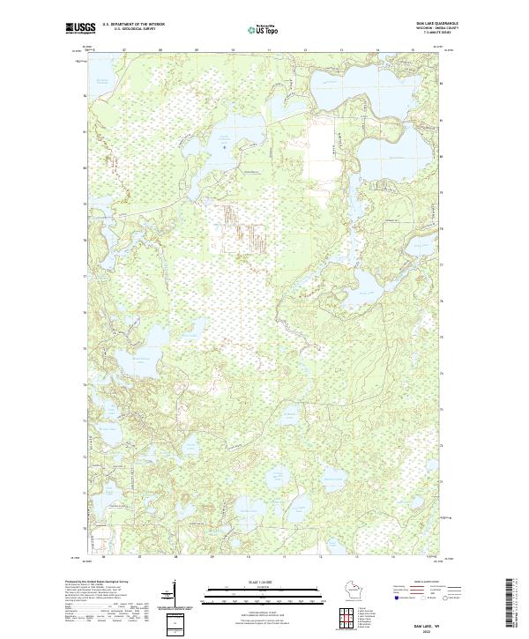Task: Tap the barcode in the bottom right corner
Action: click(x=516, y=604)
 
